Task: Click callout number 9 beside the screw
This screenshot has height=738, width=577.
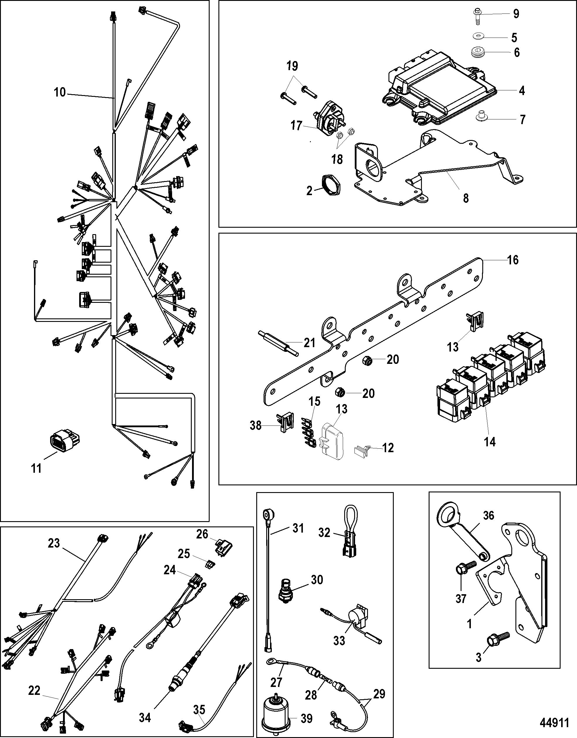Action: tap(516, 14)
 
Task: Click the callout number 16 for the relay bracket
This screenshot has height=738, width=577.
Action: tap(513, 260)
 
